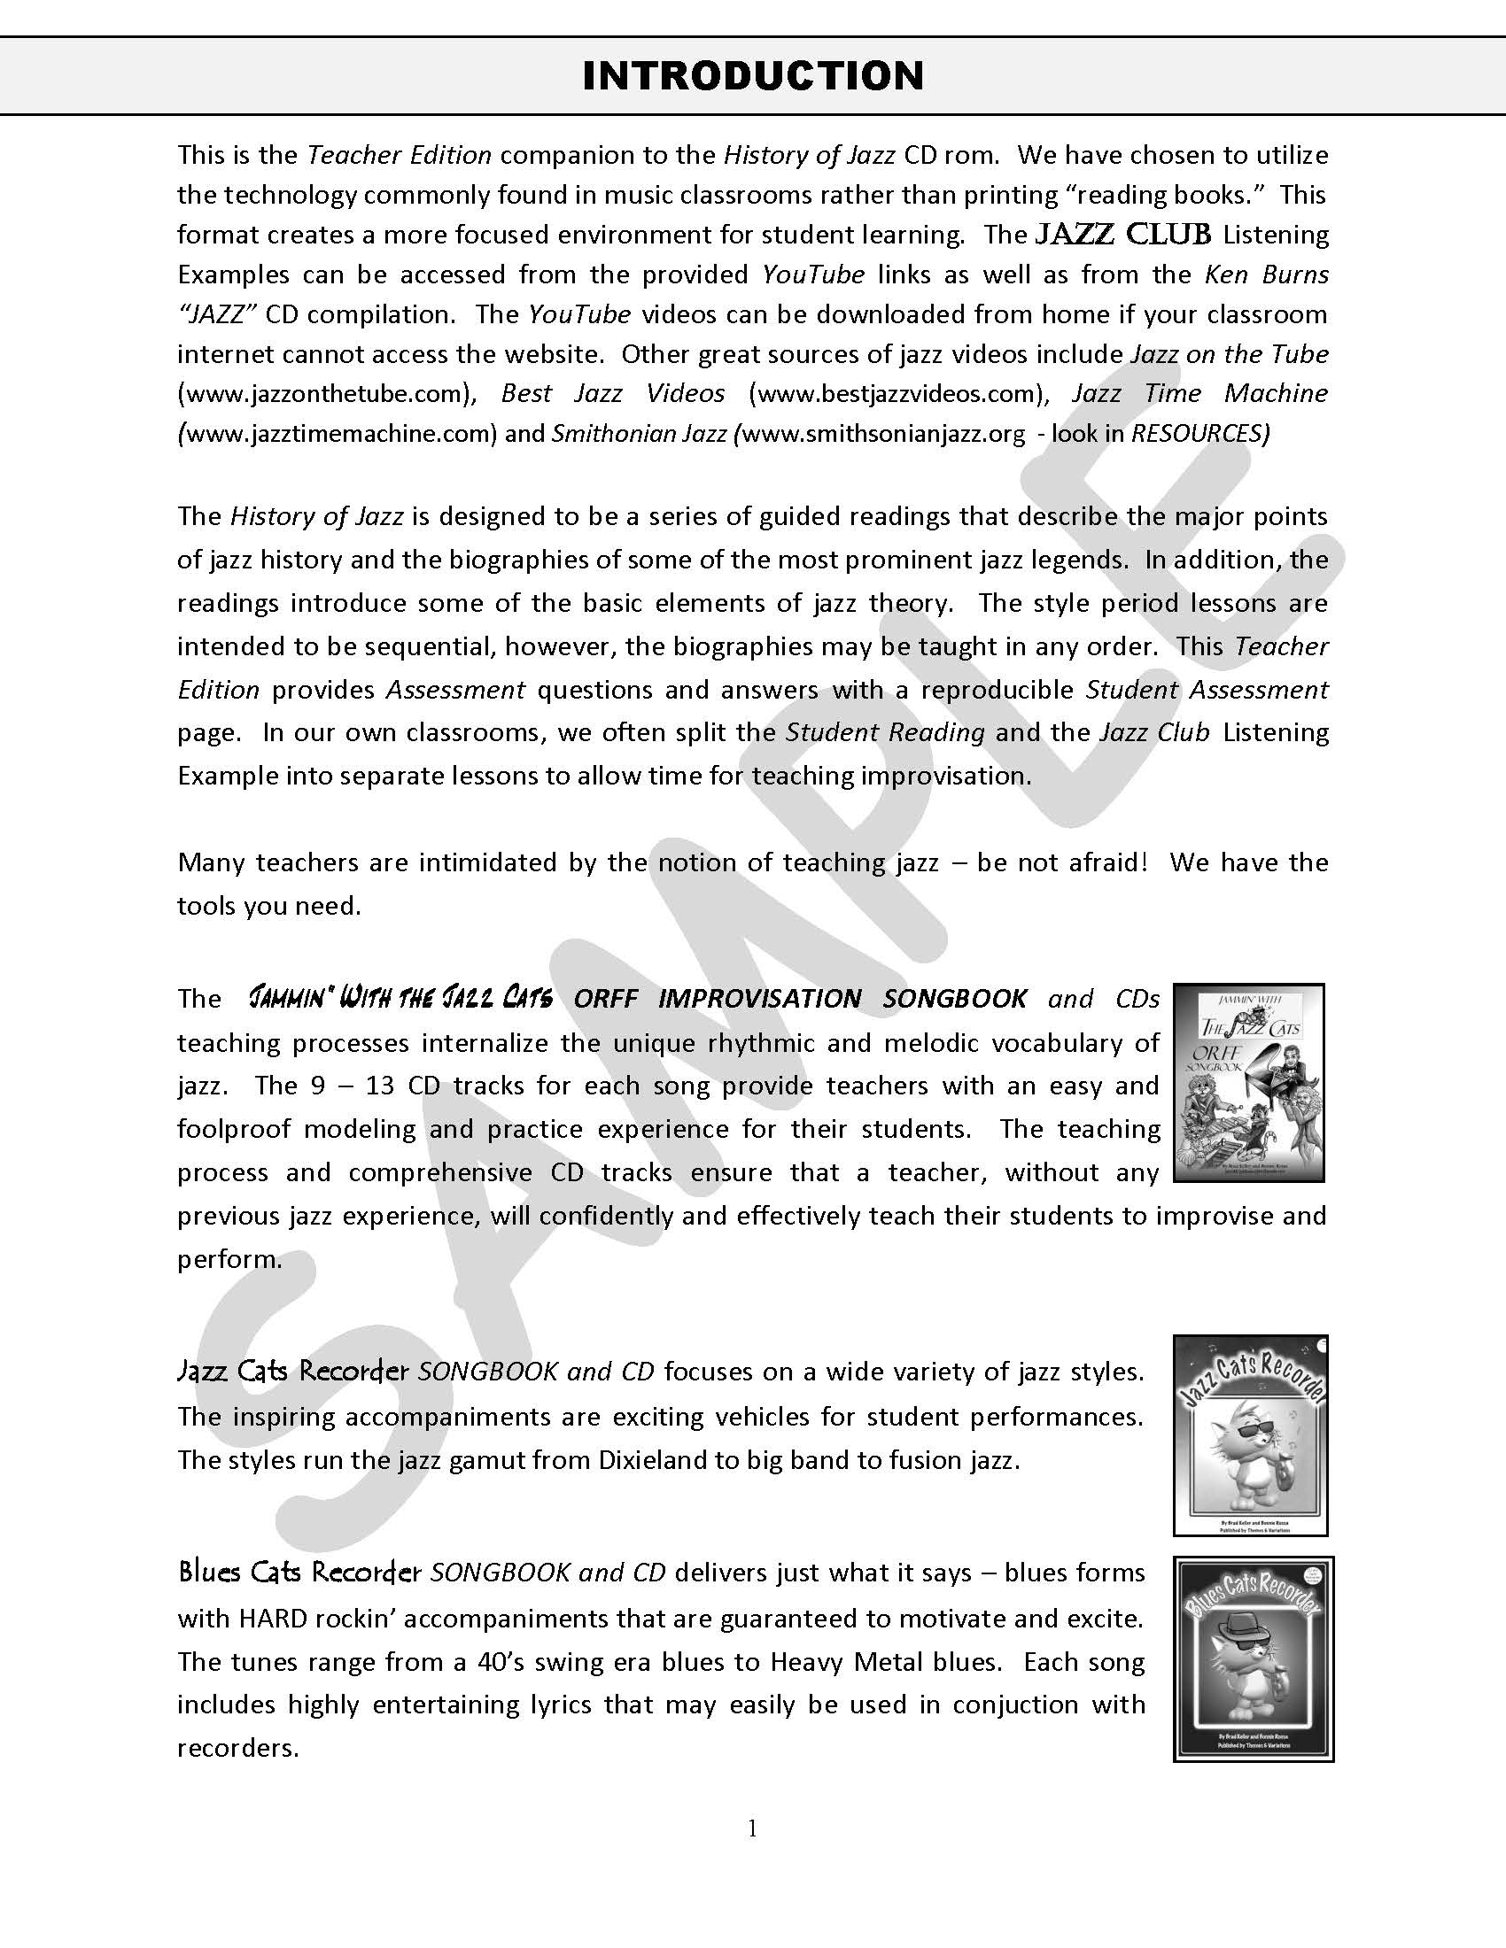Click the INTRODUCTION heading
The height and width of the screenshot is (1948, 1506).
pyautogui.click(x=753, y=76)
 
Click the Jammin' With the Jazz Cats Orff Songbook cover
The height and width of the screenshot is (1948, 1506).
pyautogui.click(x=1248, y=1083)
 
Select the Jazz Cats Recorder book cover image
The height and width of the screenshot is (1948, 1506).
pyautogui.click(x=1250, y=1435)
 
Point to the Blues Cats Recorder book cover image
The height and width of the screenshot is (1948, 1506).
pyautogui.click(x=1253, y=1658)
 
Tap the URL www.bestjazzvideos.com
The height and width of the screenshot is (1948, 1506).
pyautogui.click(x=897, y=393)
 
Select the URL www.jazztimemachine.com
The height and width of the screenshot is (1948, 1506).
pyautogui.click(x=338, y=434)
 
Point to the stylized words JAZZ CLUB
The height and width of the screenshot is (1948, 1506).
pyautogui.click(x=1122, y=235)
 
